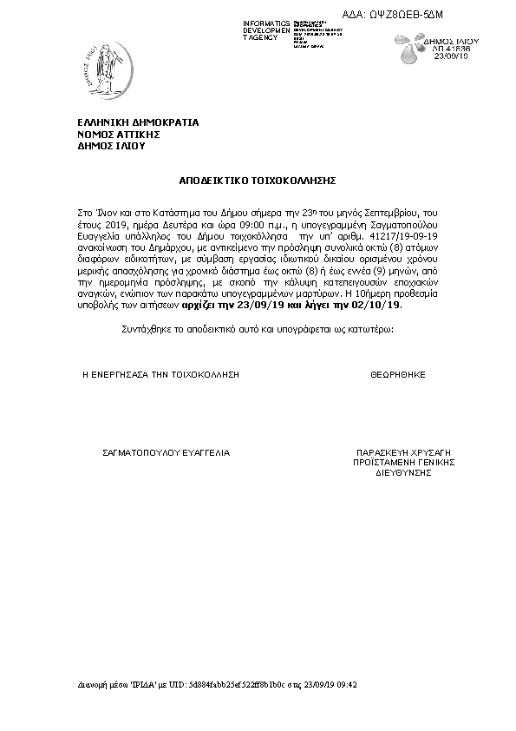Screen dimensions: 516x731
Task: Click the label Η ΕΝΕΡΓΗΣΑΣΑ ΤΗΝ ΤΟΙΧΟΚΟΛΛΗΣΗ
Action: pos(160,374)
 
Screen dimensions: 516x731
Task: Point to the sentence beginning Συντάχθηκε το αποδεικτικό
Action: pos(257,331)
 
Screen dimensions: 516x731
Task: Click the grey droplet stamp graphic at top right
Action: pos(411,54)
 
